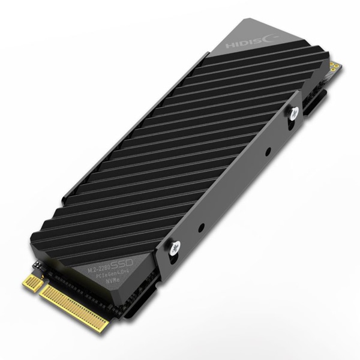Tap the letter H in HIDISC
(229, 46)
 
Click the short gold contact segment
(31, 280)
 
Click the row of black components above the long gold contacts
(90, 291)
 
